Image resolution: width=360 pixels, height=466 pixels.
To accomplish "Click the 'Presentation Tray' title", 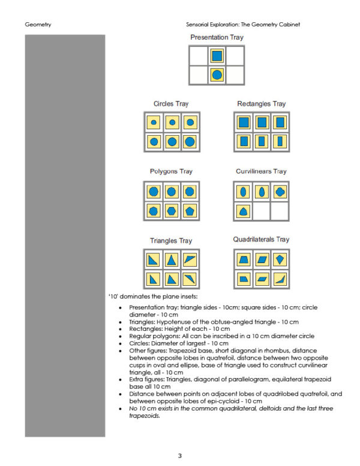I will tap(217, 37).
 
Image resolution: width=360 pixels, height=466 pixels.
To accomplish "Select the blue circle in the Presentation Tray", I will tap(217, 74).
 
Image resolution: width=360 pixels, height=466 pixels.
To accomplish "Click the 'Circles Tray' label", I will tap(171, 104).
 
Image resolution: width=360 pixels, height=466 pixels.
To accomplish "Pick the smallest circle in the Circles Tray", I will tap(154, 123).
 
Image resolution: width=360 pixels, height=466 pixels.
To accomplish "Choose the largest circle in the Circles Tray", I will tap(190, 142).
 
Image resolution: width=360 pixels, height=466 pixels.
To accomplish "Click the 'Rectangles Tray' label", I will tap(261, 104).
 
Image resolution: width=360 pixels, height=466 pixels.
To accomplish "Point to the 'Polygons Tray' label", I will tap(171, 172).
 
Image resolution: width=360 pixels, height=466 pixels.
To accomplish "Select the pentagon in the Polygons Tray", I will tap(190, 210).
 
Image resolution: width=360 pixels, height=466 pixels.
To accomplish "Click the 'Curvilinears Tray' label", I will tap(261, 172).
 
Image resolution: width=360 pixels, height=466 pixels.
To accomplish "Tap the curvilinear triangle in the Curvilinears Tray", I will tap(243, 211).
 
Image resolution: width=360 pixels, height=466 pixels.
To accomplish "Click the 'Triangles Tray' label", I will tap(171, 241).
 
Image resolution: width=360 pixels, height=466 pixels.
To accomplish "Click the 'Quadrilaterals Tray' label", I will tap(261, 240).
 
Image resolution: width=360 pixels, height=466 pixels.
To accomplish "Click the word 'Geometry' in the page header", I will tap(38, 25).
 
